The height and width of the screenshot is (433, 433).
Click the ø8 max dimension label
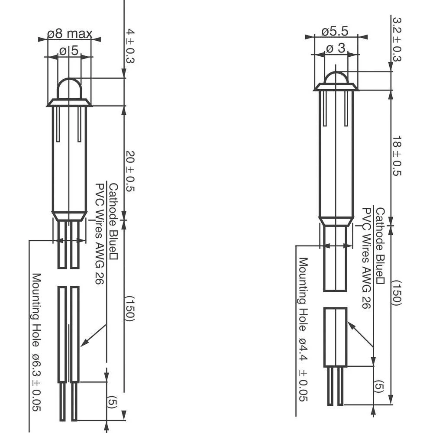pos(70,34)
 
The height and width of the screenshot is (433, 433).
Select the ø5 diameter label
pos(69,51)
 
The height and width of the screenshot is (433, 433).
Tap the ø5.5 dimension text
pos(335,32)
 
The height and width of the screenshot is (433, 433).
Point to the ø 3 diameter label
pos(336,48)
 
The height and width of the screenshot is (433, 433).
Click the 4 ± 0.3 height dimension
pos(130,46)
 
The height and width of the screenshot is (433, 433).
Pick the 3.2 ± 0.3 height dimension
pos(397,39)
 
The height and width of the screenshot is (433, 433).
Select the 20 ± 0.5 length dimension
pos(130,171)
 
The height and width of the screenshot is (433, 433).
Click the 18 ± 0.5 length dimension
pos(397,155)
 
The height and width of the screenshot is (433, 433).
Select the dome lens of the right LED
pos(336,78)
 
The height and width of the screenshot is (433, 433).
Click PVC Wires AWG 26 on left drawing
pos(100,234)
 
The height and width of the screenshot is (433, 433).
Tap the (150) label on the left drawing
pos(130,308)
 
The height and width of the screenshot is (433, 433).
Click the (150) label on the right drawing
pos(397,292)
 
